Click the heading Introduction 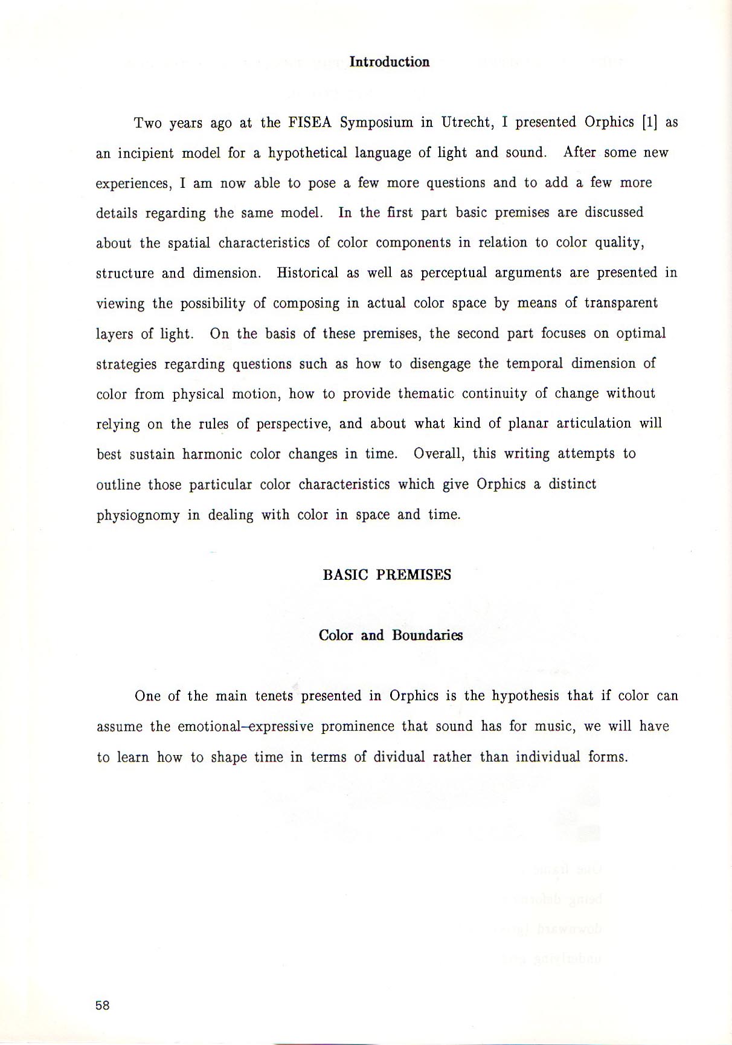pos(390,62)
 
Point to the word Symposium pos(376,123)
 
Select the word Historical pos(307,273)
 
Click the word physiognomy pos(138,515)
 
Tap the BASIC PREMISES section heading pos(387,575)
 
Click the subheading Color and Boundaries pos(390,635)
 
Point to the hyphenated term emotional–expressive pos(245,726)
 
